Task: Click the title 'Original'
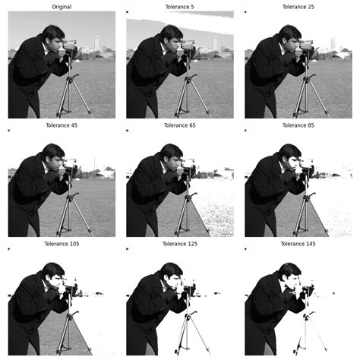coord(62,6)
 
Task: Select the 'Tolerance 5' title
coord(180,6)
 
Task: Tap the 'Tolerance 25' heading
coord(298,6)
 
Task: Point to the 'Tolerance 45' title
coord(62,125)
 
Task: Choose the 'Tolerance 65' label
coord(180,125)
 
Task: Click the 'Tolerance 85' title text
coord(298,125)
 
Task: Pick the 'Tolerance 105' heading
coord(62,243)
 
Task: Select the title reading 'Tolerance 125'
coord(180,243)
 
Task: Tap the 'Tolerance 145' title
coord(298,243)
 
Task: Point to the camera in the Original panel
coord(70,46)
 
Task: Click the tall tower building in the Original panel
coord(96,43)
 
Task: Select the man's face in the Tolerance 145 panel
coord(292,276)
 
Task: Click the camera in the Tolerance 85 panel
coord(307,165)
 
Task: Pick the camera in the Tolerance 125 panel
coord(188,283)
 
